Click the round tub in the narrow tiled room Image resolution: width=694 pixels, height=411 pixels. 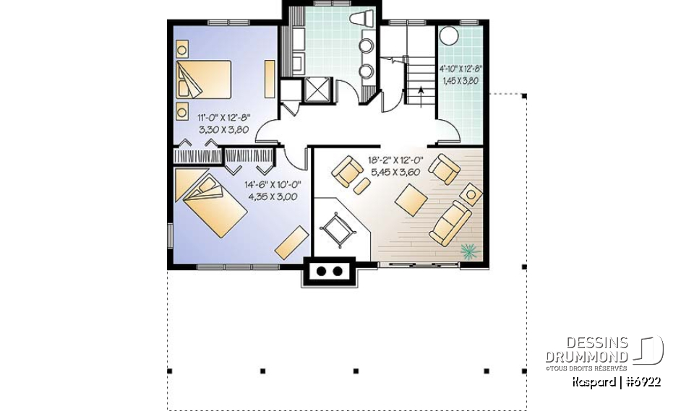pyautogui.click(x=448, y=37)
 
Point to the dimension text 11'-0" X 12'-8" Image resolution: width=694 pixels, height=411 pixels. pyautogui.click(x=223, y=115)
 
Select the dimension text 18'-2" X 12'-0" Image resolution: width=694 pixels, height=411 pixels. pyautogui.click(x=395, y=162)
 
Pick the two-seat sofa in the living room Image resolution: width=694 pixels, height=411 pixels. pyautogui.click(x=450, y=222)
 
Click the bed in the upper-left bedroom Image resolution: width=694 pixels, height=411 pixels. pyautogui.click(x=204, y=79)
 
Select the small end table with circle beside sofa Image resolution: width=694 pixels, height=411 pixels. pyautogui.click(x=473, y=194)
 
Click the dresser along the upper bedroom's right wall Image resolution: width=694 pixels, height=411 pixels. pyautogui.click(x=270, y=79)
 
